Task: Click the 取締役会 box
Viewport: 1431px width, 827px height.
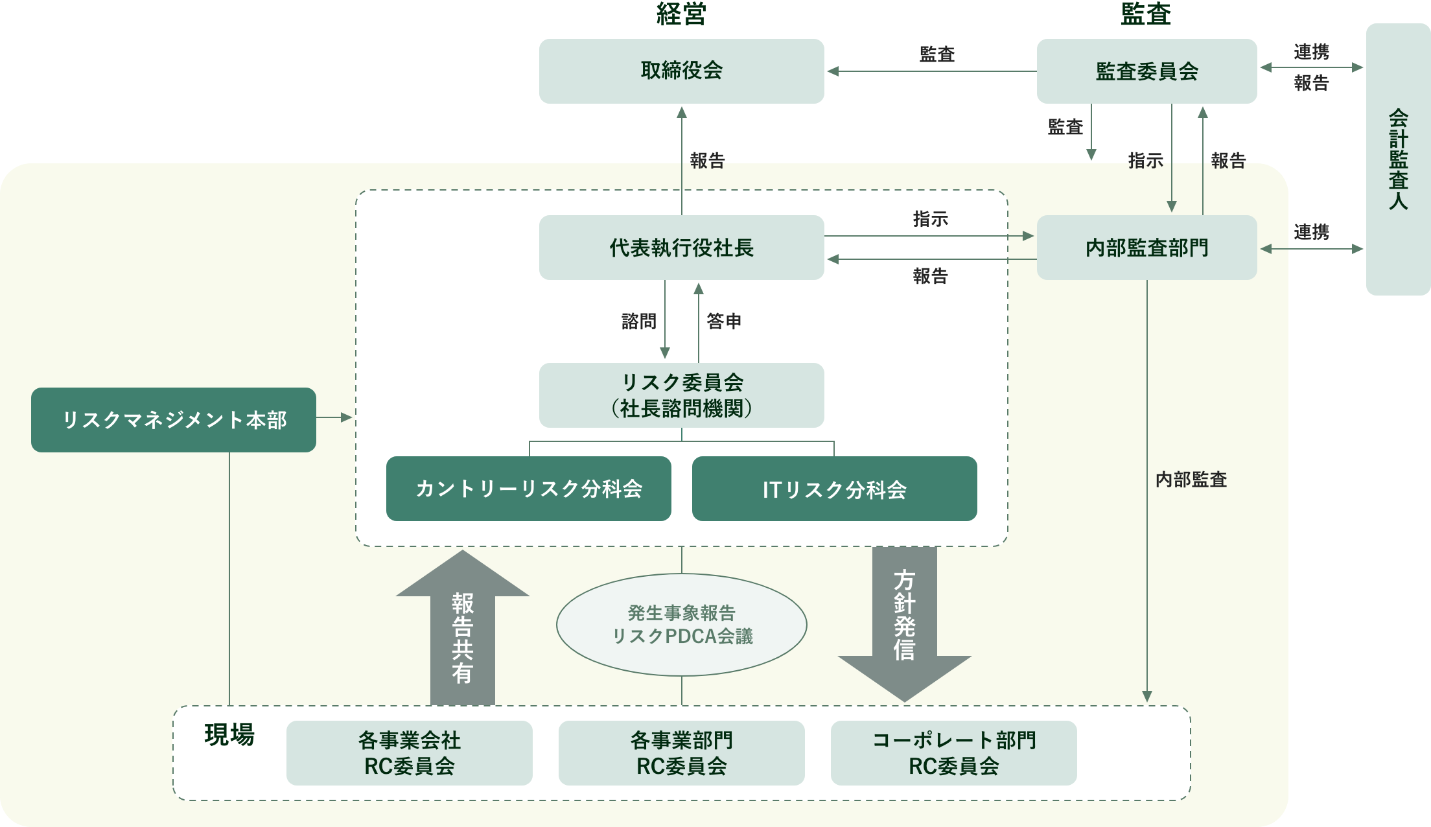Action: [x=681, y=71]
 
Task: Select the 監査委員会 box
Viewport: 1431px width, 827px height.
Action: [x=1146, y=71]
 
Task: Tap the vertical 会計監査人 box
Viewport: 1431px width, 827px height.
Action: [x=1398, y=159]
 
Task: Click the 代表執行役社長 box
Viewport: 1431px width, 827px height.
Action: [x=681, y=248]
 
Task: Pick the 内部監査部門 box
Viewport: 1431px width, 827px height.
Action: [x=1146, y=248]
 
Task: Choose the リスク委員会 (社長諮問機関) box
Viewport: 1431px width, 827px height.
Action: [x=681, y=395]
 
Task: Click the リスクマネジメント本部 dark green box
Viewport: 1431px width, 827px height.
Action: [x=174, y=420]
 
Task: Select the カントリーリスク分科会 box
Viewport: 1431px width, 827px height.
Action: [x=528, y=489]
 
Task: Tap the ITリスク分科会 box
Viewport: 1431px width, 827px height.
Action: [x=834, y=489]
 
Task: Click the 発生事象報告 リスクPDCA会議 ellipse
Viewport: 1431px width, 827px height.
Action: [x=681, y=625]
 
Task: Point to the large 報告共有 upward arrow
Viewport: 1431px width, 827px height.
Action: [x=462, y=635]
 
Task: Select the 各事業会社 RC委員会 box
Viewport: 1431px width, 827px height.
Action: [x=409, y=753]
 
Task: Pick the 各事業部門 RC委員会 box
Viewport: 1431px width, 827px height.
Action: [x=681, y=753]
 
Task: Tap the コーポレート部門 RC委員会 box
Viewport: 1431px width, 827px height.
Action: [x=953, y=753]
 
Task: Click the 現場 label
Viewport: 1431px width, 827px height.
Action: [x=229, y=735]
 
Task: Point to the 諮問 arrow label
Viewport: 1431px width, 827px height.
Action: [x=638, y=321]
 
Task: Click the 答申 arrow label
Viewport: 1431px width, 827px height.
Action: [x=724, y=321]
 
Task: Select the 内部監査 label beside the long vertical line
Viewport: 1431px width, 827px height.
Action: [x=1191, y=480]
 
